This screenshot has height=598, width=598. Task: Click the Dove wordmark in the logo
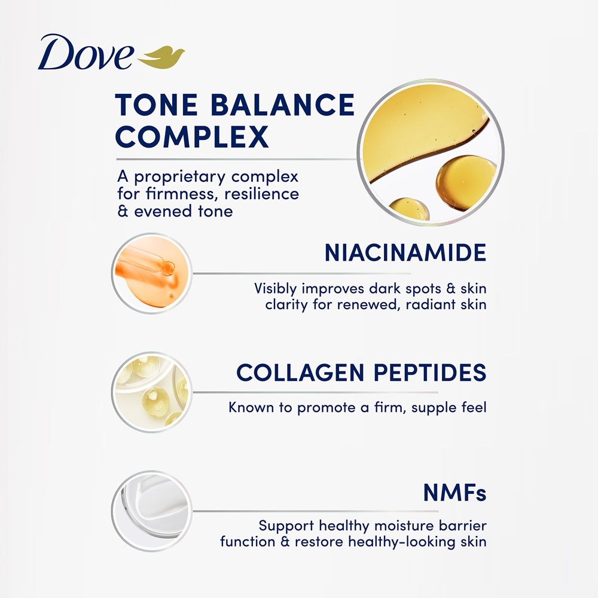tap(86, 52)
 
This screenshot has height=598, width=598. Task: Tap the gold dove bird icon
tap(161, 57)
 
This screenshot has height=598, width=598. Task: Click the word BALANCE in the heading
tap(283, 105)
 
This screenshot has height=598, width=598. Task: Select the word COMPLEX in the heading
tap(192, 136)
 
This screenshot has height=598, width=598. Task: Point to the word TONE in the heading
tap(156, 105)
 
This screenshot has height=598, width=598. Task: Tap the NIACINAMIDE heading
tap(405, 252)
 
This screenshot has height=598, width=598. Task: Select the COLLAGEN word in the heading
tap(300, 373)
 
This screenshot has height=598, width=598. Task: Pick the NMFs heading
tap(454, 493)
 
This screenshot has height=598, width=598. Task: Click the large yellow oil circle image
tap(431, 152)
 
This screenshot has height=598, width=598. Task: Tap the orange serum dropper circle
tap(152, 273)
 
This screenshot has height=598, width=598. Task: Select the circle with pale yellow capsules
tap(152, 392)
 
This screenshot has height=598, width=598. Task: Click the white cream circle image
tap(152, 511)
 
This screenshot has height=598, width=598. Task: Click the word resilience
tap(262, 194)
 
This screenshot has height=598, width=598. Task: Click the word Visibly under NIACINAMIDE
tap(275, 289)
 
